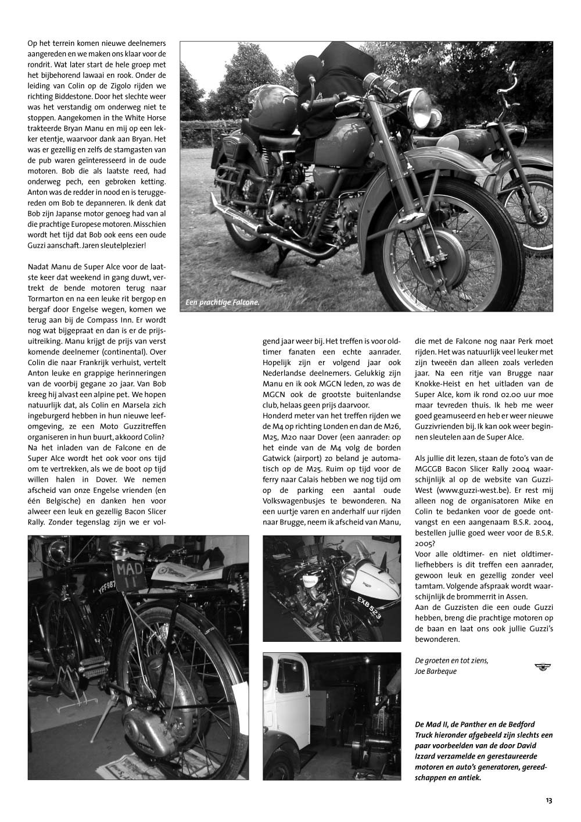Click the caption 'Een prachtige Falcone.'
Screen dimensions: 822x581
(222, 302)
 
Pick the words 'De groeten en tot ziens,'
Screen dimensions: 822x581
(451, 660)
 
